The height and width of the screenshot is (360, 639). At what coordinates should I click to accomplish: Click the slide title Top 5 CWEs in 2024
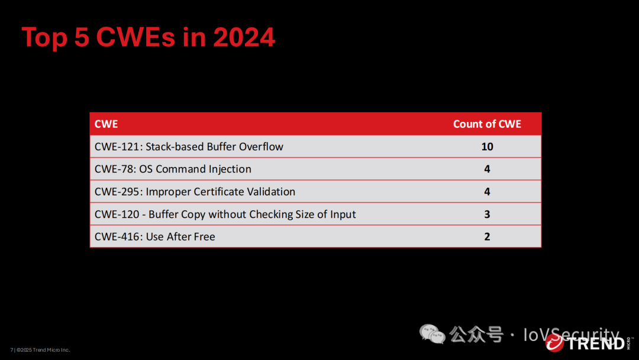[149, 37]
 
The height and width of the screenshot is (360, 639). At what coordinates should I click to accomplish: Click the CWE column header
[106, 124]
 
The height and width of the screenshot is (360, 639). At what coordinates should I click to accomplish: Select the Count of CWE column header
[487, 124]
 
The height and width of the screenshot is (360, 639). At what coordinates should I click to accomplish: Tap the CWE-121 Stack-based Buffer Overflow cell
[189, 147]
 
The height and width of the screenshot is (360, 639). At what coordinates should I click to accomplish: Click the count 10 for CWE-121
[487, 147]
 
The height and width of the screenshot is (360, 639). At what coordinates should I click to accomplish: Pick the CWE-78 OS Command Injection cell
[173, 169]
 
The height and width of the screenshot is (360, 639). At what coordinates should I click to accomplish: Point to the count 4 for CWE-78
[487, 169]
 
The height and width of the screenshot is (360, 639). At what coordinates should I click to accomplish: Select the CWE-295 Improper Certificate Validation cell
[195, 192]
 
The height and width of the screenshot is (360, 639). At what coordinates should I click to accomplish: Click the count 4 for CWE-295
[487, 192]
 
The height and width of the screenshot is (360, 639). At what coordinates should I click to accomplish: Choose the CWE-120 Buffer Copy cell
[225, 214]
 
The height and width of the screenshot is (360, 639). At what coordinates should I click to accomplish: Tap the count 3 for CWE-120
[487, 214]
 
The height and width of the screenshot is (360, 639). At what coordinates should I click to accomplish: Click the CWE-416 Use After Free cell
[155, 236]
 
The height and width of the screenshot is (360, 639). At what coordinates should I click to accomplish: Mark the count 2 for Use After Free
[487, 236]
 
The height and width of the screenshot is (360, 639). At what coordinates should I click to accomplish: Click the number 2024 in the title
[244, 37]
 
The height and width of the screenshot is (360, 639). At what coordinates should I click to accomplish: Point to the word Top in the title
[44, 38]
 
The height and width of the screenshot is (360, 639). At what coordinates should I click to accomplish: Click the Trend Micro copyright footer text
[40, 350]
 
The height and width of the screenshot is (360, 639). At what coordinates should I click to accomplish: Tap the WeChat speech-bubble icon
[432, 334]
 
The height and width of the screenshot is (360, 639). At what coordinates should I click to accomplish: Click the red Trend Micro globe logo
[554, 343]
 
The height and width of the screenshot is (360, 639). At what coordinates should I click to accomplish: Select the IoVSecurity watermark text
[572, 335]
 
